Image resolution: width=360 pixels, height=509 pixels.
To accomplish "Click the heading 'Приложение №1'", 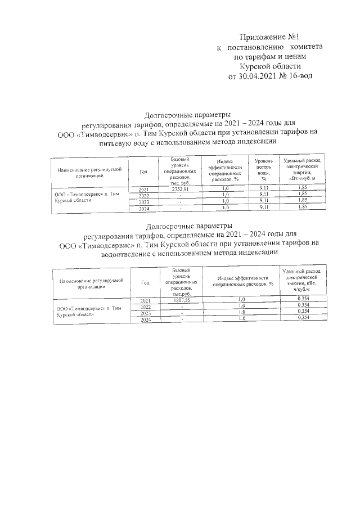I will tap(276, 36).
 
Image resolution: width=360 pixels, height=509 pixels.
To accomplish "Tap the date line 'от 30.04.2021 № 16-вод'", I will tap(270, 76).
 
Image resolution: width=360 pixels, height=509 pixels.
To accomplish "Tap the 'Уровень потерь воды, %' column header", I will tap(264, 170).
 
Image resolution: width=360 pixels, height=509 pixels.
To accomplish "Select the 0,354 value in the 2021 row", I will tap(303, 298).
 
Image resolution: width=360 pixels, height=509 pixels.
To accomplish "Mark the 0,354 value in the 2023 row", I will tap(303, 311).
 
